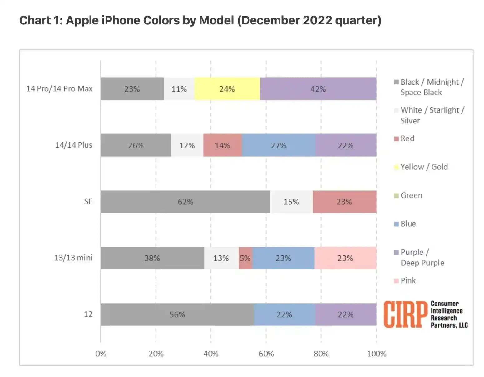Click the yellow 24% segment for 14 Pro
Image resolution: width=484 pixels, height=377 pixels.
pos(227,89)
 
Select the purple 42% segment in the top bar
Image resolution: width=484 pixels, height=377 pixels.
pos(318,89)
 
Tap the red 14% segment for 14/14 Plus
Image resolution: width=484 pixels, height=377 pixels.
pos(222,145)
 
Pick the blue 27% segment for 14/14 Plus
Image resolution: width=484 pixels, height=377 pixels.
pos(279,145)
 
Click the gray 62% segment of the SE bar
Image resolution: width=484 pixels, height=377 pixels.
pos(185,202)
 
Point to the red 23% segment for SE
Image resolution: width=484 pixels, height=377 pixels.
pos(344,202)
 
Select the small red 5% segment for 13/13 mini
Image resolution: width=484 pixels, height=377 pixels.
pos(245,258)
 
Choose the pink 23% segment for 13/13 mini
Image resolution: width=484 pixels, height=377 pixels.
pos(345,258)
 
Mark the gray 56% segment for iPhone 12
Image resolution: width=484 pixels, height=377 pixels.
pos(177,314)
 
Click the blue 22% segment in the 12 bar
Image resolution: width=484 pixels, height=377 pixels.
pos(284,314)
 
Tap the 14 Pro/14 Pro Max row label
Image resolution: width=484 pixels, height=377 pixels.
pos(59,89)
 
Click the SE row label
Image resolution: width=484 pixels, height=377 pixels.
pos(88,201)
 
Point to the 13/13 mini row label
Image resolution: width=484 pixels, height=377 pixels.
pos(73,258)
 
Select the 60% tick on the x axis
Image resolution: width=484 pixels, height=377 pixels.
pos(266,354)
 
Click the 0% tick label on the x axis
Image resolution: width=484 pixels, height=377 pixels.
pos(101,354)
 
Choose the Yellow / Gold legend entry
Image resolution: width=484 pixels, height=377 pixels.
pos(424,167)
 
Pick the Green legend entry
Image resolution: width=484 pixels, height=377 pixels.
pos(411,195)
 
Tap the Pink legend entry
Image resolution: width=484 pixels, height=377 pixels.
pos(408,280)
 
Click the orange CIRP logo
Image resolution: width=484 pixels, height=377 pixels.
pos(405,314)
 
